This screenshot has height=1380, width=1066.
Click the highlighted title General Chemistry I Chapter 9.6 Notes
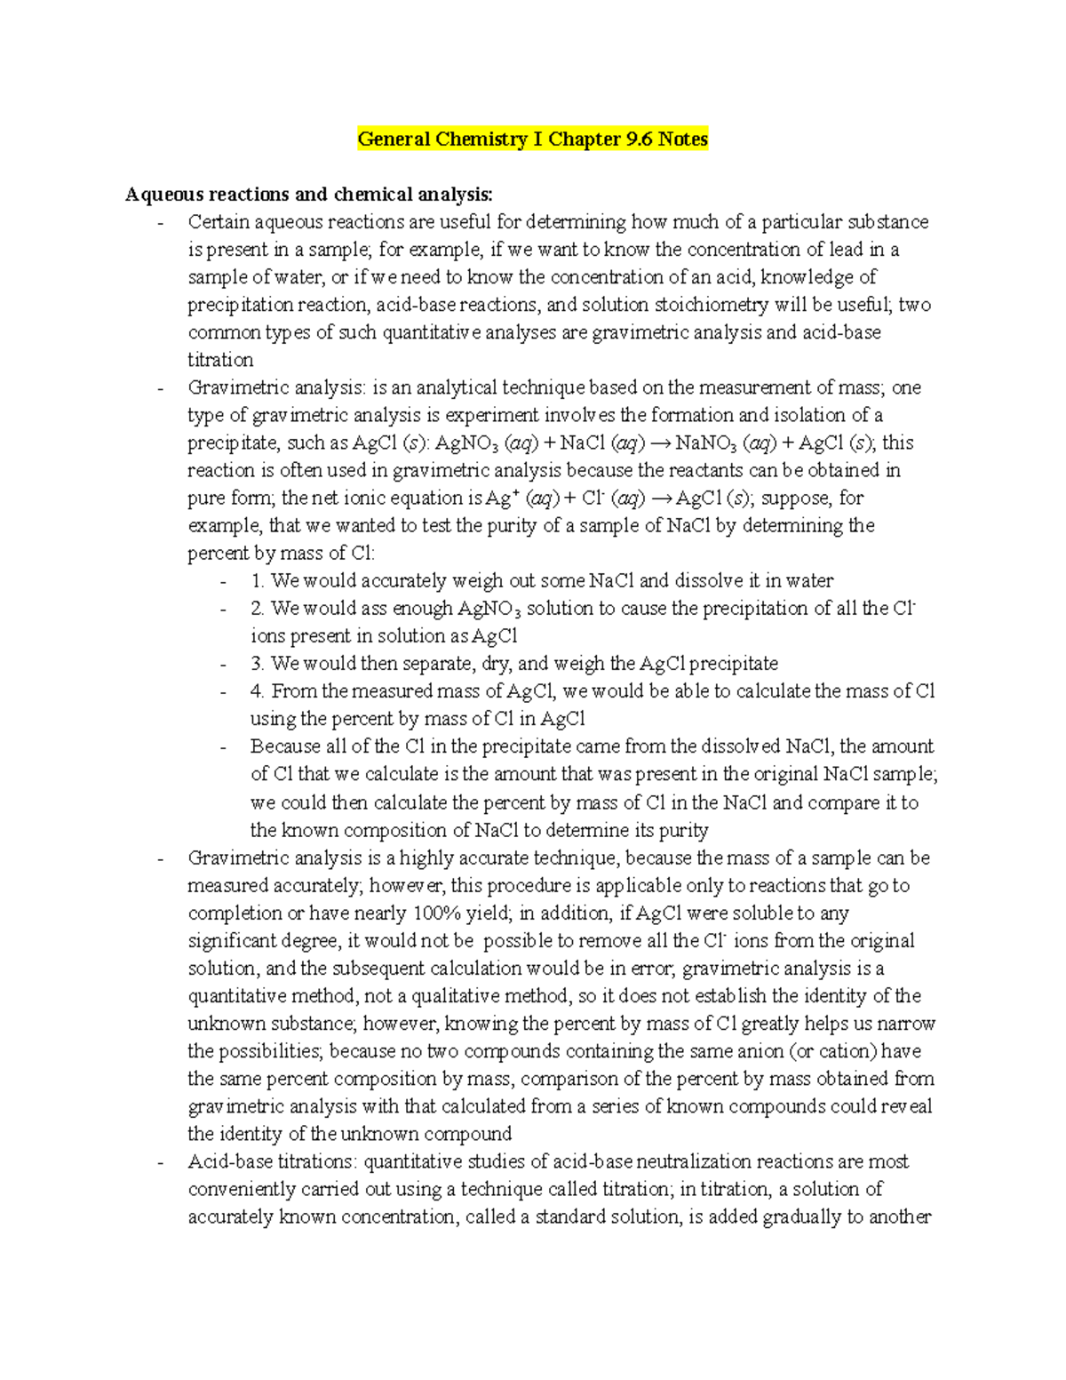tap(532, 140)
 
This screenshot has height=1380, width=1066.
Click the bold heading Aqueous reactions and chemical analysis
tap(308, 194)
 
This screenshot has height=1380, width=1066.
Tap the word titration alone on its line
tap(220, 360)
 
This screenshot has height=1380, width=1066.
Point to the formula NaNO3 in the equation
tap(706, 443)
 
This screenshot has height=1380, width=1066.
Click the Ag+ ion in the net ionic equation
tap(504, 499)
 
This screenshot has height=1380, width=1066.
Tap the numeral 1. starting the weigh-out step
tap(258, 581)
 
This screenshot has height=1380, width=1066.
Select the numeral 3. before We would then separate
tap(258, 664)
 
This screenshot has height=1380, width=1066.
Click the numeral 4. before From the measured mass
tap(258, 691)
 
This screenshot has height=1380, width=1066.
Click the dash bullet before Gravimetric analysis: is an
tap(160, 388)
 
